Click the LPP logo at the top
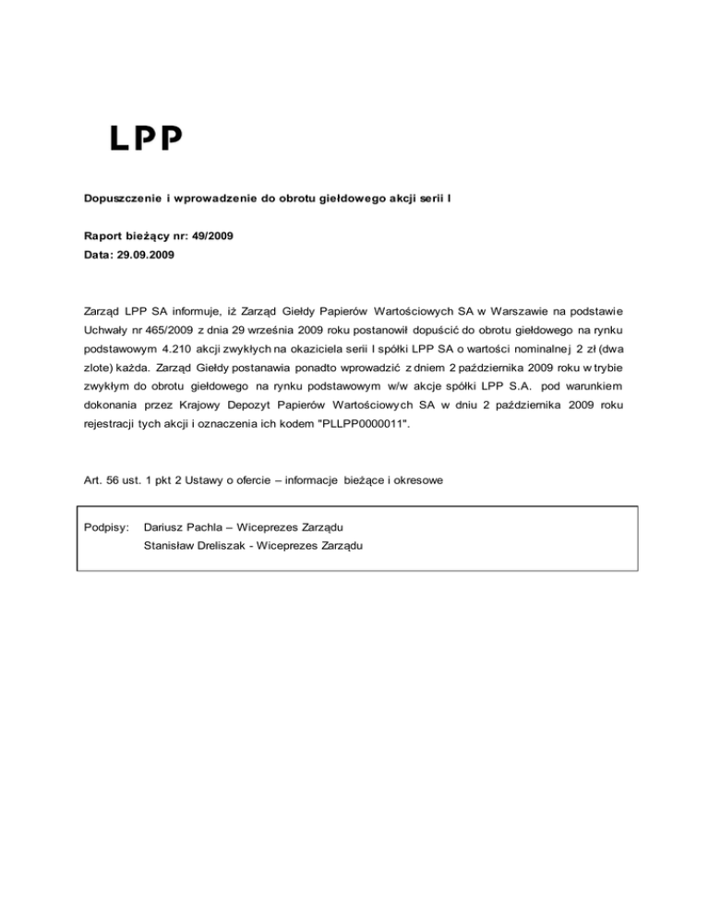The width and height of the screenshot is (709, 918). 147,138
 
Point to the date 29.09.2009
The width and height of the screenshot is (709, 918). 150,253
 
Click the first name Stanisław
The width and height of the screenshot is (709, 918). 172,546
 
